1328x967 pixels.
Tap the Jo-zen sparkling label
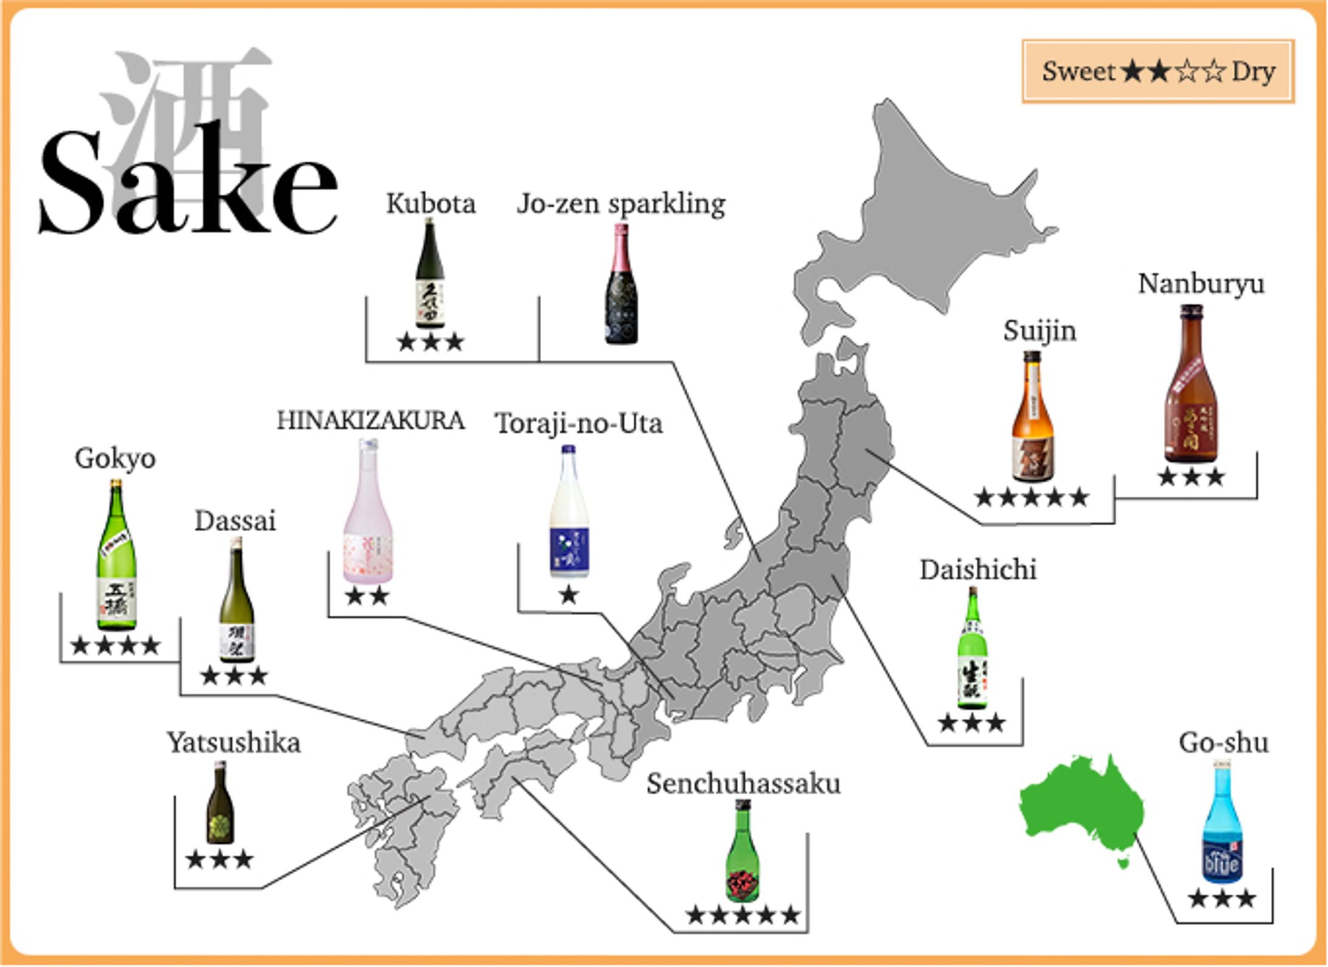click(x=621, y=204)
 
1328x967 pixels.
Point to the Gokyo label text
click(x=115, y=458)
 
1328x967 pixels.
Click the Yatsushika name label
click(x=234, y=743)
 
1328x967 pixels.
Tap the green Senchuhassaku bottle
click(x=743, y=851)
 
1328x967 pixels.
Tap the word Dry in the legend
click(x=1253, y=72)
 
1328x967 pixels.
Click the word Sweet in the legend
click(x=1078, y=72)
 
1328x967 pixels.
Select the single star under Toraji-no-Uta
click(x=569, y=595)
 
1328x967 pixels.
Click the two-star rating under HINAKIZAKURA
click(x=367, y=596)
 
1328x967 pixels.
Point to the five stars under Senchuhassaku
click(x=743, y=915)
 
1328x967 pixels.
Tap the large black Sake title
click(x=188, y=182)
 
